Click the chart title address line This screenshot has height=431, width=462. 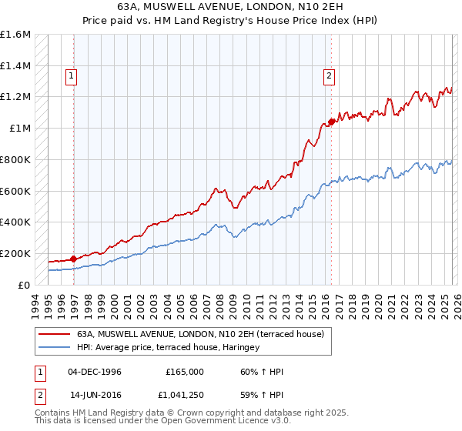coord(230,7)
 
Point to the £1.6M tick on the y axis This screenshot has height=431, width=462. coord(15,35)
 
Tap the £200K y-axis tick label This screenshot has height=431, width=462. coord(15,253)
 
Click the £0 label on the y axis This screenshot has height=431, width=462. coord(25,285)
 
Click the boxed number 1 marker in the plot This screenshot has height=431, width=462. coord(71,75)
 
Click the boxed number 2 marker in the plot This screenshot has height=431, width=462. coord(329,75)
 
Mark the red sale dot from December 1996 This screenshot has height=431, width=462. coord(74,259)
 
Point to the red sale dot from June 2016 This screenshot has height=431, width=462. coord(332,121)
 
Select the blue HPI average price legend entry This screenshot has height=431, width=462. coord(169,348)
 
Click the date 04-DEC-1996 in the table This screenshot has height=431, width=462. coord(95,372)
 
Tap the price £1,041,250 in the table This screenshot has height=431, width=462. coord(184,395)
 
